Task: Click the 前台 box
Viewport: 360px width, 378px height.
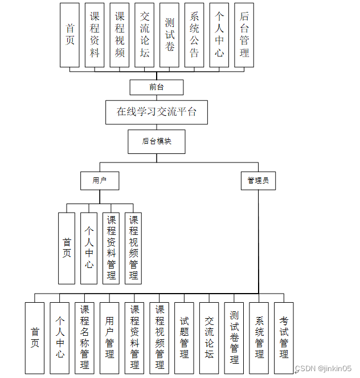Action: [x=156, y=87]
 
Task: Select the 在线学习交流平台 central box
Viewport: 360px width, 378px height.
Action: [x=156, y=112]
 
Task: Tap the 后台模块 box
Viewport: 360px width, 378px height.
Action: [x=156, y=141]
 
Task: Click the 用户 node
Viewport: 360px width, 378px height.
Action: [x=100, y=181]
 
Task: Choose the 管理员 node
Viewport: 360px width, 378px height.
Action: [x=258, y=181]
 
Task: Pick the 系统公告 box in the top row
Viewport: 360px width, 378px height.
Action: [x=194, y=35]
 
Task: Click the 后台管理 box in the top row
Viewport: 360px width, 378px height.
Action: [x=244, y=35]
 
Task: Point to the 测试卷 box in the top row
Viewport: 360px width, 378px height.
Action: [x=169, y=35]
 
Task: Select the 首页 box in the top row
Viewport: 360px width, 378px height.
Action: [x=70, y=35]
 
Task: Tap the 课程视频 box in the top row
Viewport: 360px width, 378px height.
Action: [x=120, y=35]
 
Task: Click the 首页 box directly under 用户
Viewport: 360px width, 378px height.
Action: [x=67, y=248]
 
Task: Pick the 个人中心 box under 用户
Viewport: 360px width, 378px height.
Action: [x=89, y=248]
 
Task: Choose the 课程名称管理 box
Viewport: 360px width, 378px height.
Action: [x=84, y=338]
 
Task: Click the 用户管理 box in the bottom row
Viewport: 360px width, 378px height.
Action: [x=109, y=338]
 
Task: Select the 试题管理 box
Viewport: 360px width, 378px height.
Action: [x=184, y=338]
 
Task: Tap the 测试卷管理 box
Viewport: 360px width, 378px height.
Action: [x=234, y=338]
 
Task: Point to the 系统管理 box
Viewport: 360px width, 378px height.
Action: [x=259, y=338]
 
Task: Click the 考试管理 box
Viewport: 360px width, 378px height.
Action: [x=284, y=338]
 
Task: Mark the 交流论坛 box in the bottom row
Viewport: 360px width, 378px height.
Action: [x=209, y=338]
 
